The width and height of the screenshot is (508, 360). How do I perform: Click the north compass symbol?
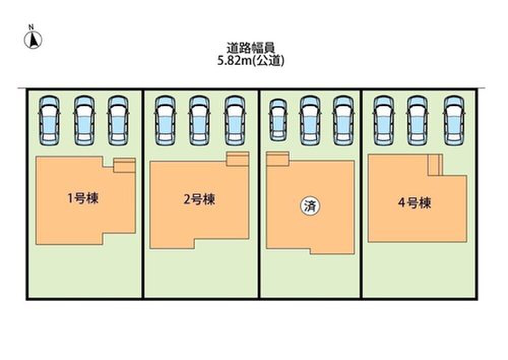(x=33, y=39)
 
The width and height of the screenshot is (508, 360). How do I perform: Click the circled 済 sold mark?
(x=309, y=207)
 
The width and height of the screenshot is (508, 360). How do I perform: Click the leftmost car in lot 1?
(x=49, y=119)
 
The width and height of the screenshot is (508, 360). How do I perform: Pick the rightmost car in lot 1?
(x=117, y=119)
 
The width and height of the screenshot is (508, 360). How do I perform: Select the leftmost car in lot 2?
(x=165, y=119)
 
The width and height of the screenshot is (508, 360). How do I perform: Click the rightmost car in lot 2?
(x=235, y=119)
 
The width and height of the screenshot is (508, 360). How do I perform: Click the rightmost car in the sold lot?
(x=343, y=119)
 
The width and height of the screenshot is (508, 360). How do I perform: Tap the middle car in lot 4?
(x=417, y=119)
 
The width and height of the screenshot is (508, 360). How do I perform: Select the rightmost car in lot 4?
(x=453, y=119)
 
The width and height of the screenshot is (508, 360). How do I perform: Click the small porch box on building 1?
(x=124, y=165)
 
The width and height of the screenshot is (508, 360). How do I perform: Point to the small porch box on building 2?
(x=237, y=158)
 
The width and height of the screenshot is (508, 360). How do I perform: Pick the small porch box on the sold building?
(x=277, y=159)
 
